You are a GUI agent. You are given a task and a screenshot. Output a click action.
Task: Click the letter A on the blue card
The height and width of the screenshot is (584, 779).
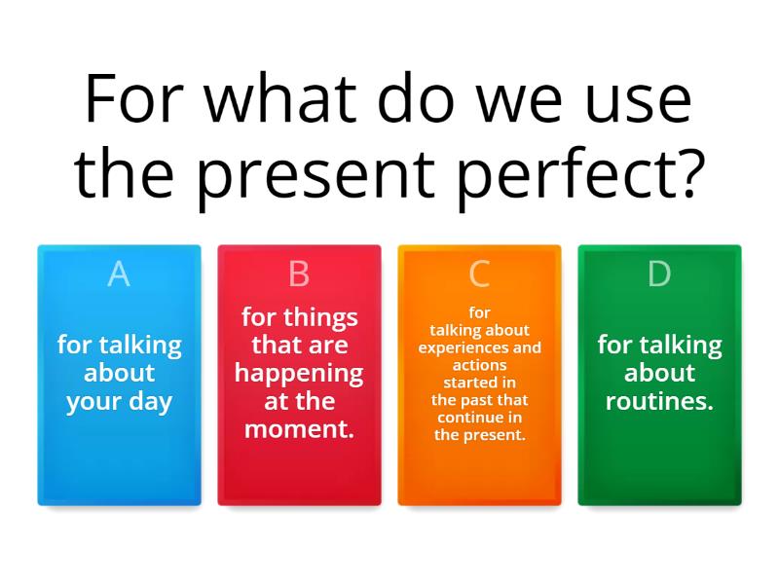click(x=119, y=275)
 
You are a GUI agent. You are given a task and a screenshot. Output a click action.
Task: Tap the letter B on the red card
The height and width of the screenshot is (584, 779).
click(x=299, y=275)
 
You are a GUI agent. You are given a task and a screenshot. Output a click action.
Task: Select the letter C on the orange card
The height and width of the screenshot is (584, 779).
click(x=479, y=275)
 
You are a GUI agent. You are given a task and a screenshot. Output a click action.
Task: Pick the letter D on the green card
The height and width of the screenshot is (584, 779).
click(x=659, y=275)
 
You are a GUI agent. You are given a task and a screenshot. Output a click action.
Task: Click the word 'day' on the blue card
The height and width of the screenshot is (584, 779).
click(x=148, y=401)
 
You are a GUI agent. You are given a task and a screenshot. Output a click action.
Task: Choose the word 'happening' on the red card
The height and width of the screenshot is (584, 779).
click(x=299, y=373)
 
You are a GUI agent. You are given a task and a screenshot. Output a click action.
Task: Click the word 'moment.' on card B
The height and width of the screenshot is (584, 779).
click(x=299, y=429)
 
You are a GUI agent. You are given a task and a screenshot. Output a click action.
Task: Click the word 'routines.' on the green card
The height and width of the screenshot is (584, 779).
click(x=659, y=401)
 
